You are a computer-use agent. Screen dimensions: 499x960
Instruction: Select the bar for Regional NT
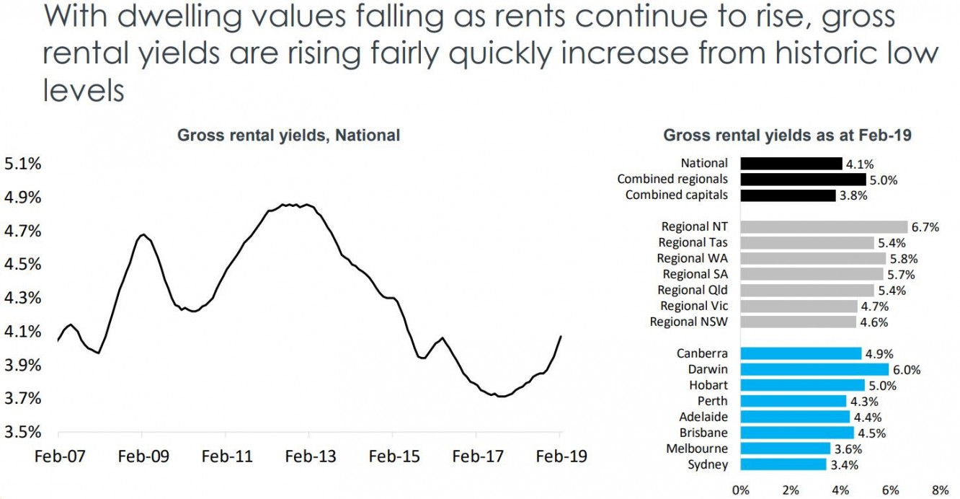coord(824,226)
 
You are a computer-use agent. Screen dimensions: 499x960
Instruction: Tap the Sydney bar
coord(783,464)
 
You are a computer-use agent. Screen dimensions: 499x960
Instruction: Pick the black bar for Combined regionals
coord(803,180)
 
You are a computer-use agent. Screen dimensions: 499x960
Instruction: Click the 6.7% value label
coord(925,227)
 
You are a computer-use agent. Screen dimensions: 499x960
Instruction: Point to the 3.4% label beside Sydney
coord(844,465)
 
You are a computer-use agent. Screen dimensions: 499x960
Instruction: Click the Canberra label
coord(702,353)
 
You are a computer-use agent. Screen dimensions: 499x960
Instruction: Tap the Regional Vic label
coord(694,306)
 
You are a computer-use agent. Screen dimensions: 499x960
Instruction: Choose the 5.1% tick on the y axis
coord(23,164)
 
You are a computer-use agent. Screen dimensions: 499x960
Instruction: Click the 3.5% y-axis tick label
coord(23,433)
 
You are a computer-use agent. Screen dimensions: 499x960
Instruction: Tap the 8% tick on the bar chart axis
coord(939,490)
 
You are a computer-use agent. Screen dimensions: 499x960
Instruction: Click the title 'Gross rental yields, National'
coord(289,135)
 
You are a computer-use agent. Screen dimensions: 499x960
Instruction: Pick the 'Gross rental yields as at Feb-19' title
coord(788,135)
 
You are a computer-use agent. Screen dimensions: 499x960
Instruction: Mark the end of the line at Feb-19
coord(561,336)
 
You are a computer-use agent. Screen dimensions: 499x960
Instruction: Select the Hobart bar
coord(802,385)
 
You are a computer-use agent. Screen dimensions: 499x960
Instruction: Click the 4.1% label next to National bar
coord(859,164)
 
